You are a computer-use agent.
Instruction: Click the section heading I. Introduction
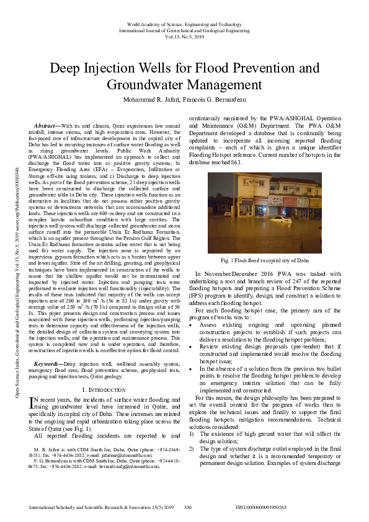103,389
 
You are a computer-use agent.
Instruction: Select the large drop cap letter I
33,404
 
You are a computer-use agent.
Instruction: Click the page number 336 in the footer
188,507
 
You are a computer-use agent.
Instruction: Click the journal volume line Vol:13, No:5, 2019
184,37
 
